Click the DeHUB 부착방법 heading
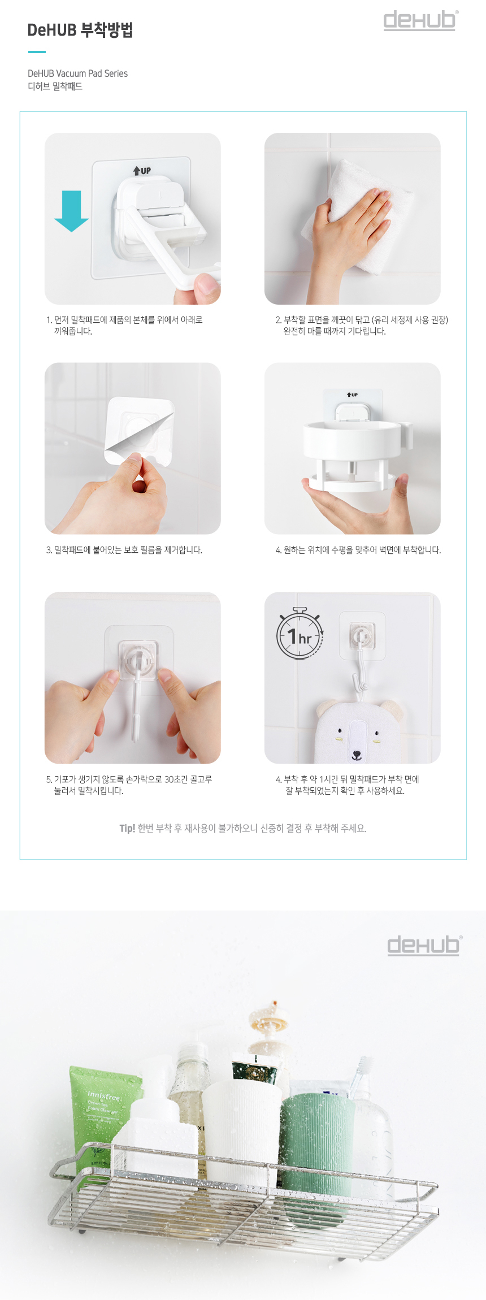click(80, 30)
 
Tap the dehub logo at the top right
click(420, 20)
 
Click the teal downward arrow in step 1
click(71, 211)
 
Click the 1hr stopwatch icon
click(300, 634)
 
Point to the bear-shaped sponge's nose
click(356, 753)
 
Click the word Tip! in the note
click(127, 829)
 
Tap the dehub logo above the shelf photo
click(424, 946)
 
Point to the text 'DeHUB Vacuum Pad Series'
click(77, 73)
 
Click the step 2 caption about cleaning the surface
click(362, 326)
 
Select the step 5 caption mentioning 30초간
click(129, 785)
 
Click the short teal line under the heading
click(37, 52)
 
